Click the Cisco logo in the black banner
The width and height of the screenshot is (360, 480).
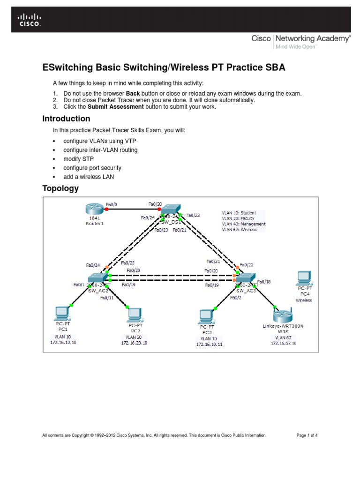pyautogui.click(x=29, y=20)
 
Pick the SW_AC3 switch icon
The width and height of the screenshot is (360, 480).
pyautogui.click(x=246, y=278)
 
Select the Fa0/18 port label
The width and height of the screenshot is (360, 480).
pyautogui.click(x=264, y=282)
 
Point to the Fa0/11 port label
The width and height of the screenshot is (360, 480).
pyautogui.click(x=107, y=297)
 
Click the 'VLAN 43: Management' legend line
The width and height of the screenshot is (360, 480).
pyautogui.click(x=243, y=224)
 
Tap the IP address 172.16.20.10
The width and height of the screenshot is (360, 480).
pyautogui.click(x=134, y=343)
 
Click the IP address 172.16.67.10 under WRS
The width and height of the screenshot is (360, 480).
pyautogui.click(x=283, y=343)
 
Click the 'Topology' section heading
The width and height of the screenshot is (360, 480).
pyautogui.click(x=60, y=188)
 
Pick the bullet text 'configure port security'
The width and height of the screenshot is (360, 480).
pyautogui.click(x=92, y=168)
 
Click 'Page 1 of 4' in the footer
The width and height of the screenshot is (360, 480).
pyautogui.click(x=307, y=435)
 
